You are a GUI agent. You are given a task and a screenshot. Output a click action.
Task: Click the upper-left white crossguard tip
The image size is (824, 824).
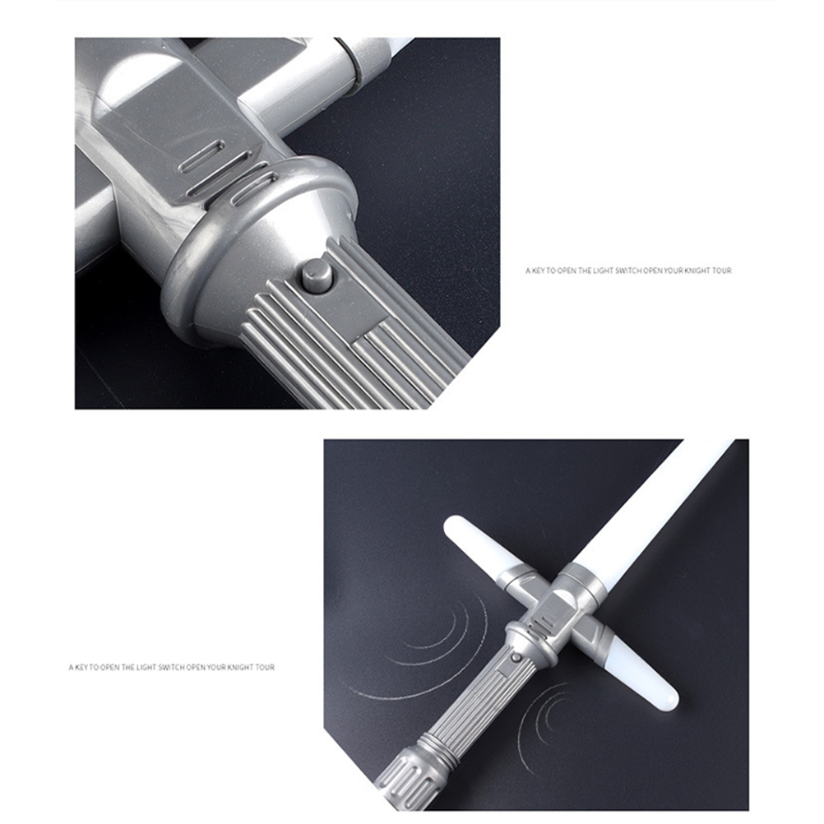(x=475, y=547)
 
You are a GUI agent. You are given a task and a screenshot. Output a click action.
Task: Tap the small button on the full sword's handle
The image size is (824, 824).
(x=516, y=658)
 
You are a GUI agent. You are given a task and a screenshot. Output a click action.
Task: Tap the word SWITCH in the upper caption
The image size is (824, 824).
(x=627, y=271)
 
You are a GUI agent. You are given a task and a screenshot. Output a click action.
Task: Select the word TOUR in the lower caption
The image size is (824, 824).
(x=265, y=668)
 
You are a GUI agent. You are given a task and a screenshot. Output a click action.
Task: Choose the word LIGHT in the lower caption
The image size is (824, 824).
(x=146, y=668)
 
